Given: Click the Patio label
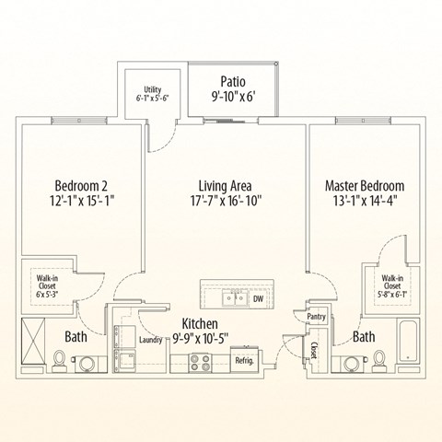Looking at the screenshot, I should [232, 80].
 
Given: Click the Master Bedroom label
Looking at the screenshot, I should [365, 185].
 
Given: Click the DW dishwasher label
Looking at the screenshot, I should [259, 298].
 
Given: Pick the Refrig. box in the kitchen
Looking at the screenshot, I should [244, 360].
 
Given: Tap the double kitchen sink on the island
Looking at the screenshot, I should [231, 297].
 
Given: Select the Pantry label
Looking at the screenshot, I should [318, 316].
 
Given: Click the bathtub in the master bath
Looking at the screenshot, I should [408, 344].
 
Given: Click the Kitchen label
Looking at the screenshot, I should [199, 323].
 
